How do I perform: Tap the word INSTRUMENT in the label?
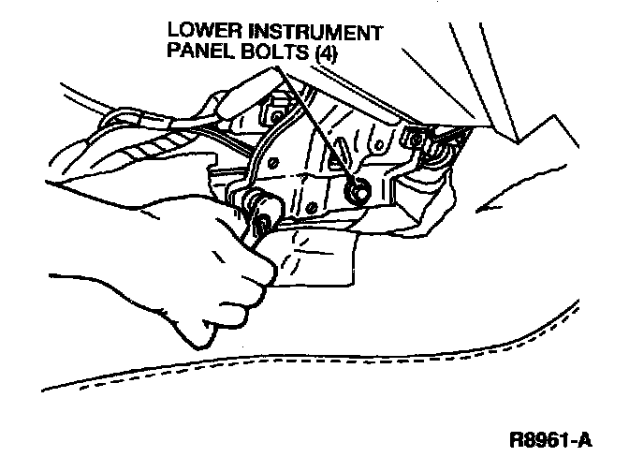tap(312, 32)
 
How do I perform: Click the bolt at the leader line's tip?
tap(355, 192)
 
